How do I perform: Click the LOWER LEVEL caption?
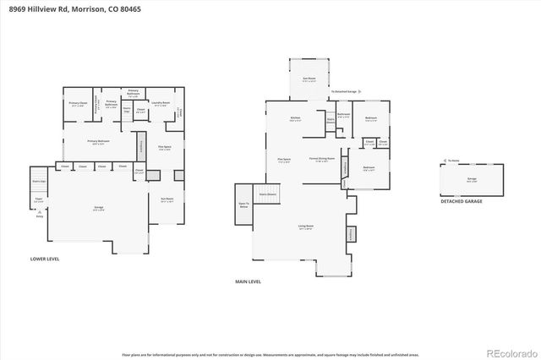43,259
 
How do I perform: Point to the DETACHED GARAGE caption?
462,201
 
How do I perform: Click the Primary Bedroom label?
99,141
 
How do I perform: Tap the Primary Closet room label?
78,103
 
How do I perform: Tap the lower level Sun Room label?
167,199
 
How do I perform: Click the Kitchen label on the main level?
295,117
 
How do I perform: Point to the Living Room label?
305,226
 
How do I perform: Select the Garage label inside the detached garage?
471,179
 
